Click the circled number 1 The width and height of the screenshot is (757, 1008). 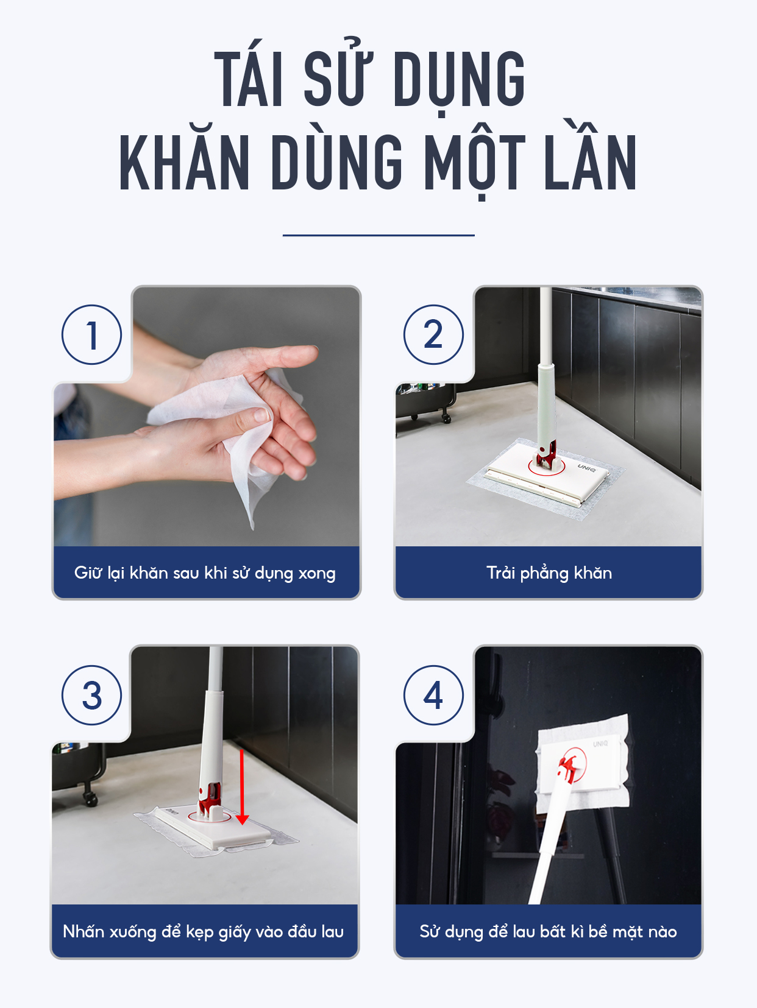pyautogui.click(x=92, y=335)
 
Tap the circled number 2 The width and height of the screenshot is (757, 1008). pyautogui.click(x=433, y=335)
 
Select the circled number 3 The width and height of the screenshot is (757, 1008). pyautogui.click(x=92, y=696)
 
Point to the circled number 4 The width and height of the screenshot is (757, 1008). pyautogui.click(x=433, y=696)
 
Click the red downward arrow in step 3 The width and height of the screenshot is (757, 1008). pyautogui.click(x=242, y=787)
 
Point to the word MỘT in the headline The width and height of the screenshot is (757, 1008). pyautogui.click(x=475, y=161)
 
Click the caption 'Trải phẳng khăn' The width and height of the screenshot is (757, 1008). pyautogui.click(x=549, y=573)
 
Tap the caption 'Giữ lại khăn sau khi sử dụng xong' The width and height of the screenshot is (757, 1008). pyautogui.click(x=205, y=573)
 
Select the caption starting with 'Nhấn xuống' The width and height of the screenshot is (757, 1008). pyautogui.click(x=203, y=932)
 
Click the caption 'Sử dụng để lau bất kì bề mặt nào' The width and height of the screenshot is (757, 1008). pyautogui.click(x=548, y=932)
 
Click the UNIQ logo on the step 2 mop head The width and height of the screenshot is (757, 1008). pyautogui.click(x=586, y=468)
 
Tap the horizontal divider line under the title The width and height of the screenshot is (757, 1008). pyautogui.click(x=378, y=235)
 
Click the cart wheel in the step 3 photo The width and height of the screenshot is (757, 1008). pyautogui.click(x=90, y=798)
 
